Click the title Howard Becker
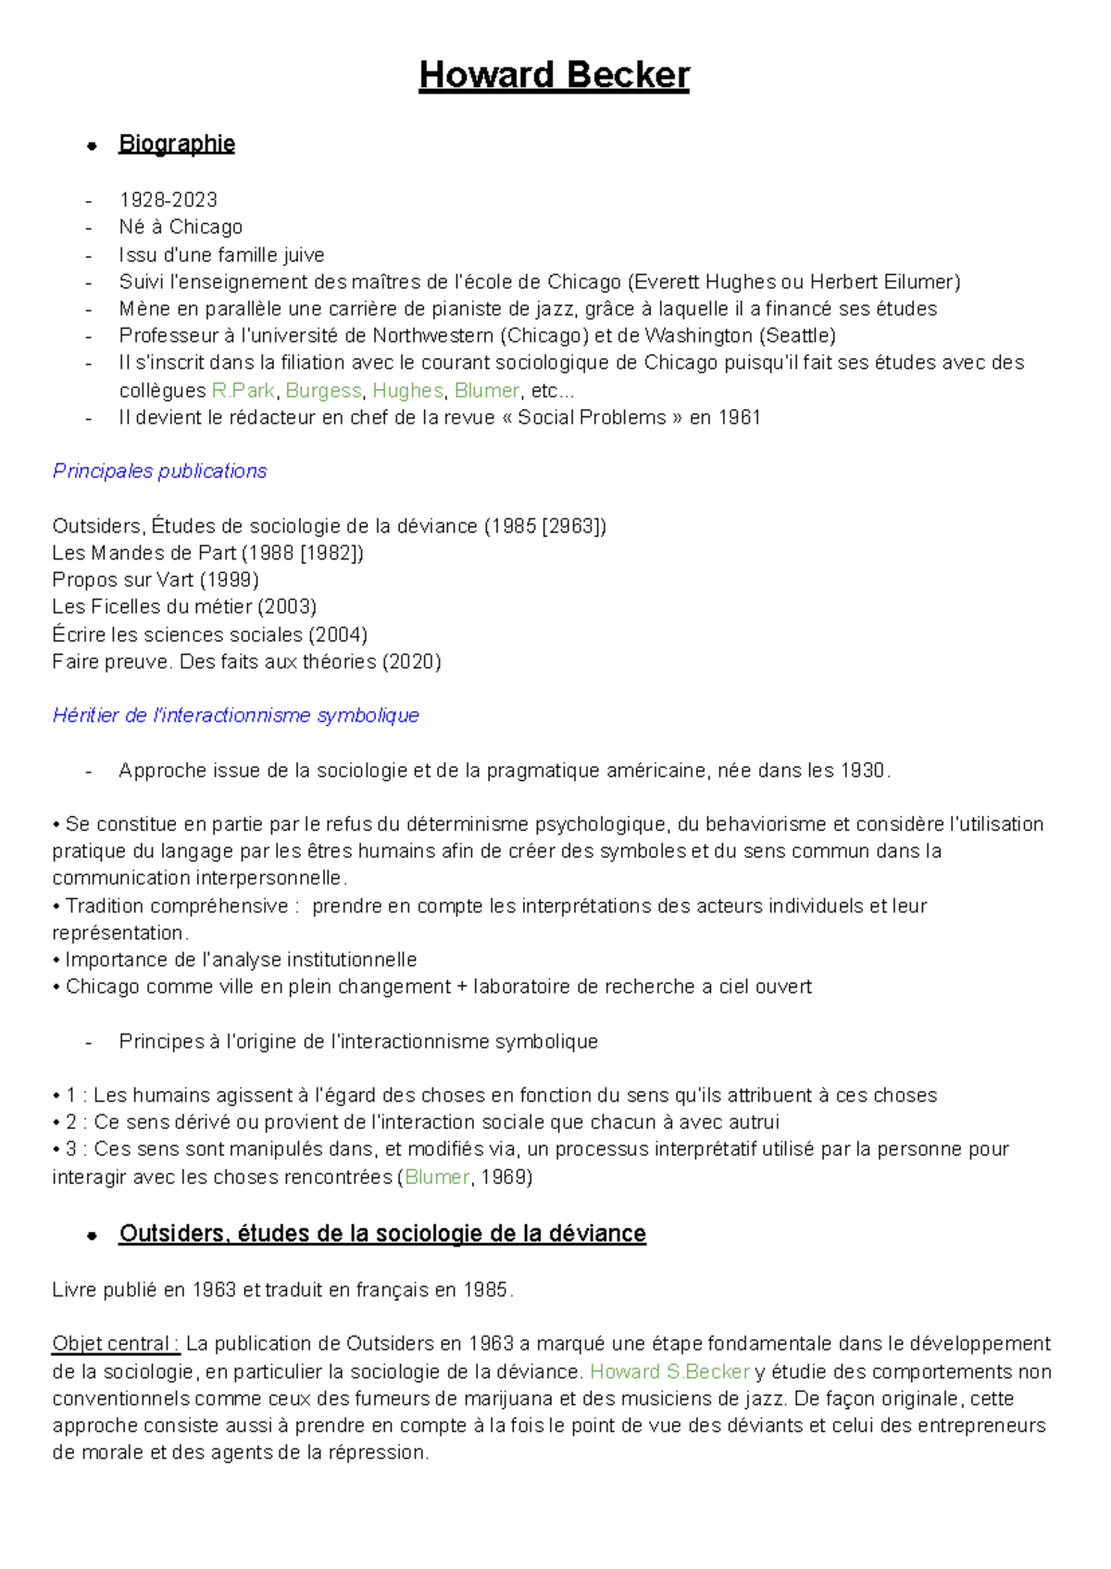pyautogui.click(x=554, y=75)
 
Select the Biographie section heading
pyautogui.click(x=176, y=144)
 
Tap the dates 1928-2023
pyautogui.click(x=168, y=200)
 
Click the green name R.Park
pyautogui.click(x=243, y=391)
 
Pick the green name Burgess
pyautogui.click(x=323, y=391)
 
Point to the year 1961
pyautogui.click(x=739, y=418)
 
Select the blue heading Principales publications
pyautogui.click(x=159, y=471)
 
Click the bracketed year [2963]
pyautogui.click(x=572, y=526)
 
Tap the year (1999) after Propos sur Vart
pyautogui.click(x=229, y=580)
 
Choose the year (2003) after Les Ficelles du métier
pyautogui.click(x=287, y=607)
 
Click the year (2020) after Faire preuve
pyautogui.click(x=411, y=661)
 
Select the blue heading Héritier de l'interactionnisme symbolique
pyautogui.click(x=235, y=715)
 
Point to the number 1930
pyautogui.click(x=861, y=771)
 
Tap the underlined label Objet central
pyautogui.click(x=115, y=1344)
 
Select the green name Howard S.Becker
pyautogui.click(x=669, y=1372)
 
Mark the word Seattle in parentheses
pyautogui.click(x=797, y=335)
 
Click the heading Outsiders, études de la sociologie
pyautogui.click(x=381, y=1235)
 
